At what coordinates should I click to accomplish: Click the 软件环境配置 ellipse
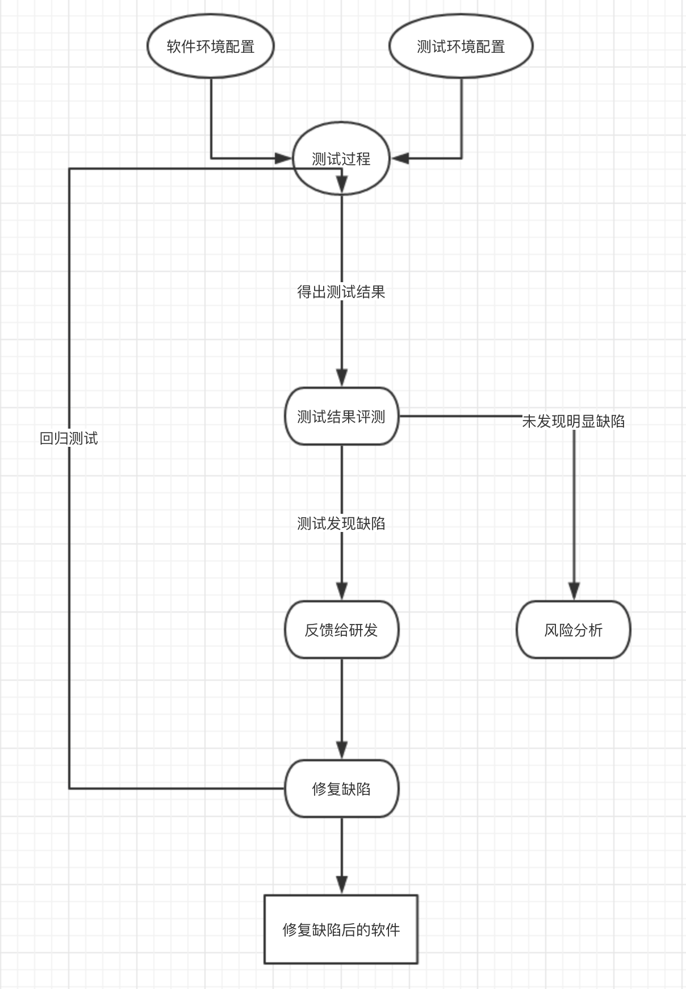(211, 47)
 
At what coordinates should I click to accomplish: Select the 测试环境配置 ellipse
(461, 47)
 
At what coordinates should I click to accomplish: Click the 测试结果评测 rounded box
(341, 417)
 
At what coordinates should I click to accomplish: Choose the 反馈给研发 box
(341, 630)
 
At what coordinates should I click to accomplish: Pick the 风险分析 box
(574, 630)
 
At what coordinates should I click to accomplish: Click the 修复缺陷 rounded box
(341, 789)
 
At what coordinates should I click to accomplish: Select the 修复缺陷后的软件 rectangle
(341, 929)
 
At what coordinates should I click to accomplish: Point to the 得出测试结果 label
(341, 292)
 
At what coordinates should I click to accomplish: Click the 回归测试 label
(69, 438)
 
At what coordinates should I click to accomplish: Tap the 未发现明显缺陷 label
(574, 421)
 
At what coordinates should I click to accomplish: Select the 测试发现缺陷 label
(341, 523)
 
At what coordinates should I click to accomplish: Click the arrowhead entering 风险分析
(574, 592)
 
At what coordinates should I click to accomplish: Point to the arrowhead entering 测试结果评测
(341, 378)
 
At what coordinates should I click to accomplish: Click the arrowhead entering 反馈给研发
(341, 592)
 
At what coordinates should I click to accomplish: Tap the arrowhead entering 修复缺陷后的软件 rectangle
(341, 885)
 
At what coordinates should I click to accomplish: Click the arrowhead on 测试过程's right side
(400, 158)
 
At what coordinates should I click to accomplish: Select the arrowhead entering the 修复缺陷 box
(341, 750)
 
